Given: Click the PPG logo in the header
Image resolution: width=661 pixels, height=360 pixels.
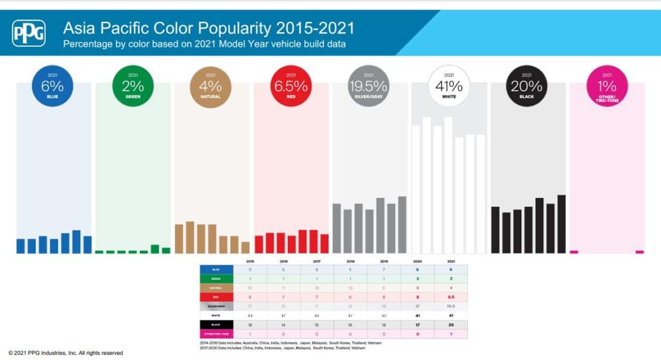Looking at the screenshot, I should [29, 33].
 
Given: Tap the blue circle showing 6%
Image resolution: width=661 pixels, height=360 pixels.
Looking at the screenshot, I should [52, 86].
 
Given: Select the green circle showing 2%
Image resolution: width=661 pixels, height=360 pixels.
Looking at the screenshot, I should [133, 86].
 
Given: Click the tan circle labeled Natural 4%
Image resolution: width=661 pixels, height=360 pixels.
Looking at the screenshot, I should [211, 86].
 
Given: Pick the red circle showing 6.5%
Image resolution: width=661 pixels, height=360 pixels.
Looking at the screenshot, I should [291, 86].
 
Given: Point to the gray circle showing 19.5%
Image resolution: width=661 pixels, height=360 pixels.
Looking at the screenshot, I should [369, 86].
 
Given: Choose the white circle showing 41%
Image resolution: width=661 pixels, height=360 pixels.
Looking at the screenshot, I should [449, 86].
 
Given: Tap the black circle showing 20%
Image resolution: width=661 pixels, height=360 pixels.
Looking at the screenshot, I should [527, 86].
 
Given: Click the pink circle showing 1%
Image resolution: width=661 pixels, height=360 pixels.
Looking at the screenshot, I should [607, 86].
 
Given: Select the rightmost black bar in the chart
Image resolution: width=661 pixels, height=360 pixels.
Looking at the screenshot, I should [562, 224].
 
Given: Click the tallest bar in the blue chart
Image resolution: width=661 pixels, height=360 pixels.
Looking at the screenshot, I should [76, 242].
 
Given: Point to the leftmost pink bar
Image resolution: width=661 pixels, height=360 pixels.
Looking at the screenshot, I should [574, 252].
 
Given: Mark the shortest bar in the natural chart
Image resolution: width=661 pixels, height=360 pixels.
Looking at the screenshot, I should [245, 248].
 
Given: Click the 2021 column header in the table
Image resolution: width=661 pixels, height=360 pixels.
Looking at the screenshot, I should [450, 261].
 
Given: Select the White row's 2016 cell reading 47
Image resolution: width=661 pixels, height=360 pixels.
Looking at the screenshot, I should [283, 315].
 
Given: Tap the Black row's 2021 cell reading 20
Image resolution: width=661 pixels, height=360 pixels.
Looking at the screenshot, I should [450, 324].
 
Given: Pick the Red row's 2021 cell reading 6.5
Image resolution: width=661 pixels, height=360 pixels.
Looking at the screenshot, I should [450, 297].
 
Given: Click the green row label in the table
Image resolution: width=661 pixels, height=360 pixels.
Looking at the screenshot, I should [216, 279].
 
